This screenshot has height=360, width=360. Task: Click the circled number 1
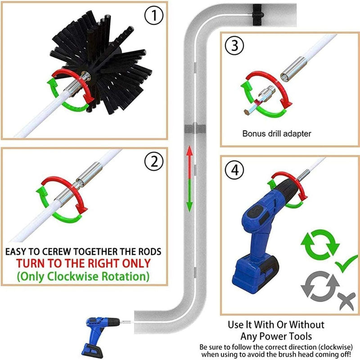(x=154, y=15)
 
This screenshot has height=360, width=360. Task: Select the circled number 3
(x=234, y=45)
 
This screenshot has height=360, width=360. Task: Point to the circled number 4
(x=234, y=170)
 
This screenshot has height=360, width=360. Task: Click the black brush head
(x=101, y=62)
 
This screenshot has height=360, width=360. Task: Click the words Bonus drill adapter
(x=277, y=134)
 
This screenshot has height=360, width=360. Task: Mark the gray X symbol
(x=346, y=300)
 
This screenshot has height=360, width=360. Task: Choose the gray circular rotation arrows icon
(x=320, y=286)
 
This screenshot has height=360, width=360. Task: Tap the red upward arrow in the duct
(x=189, y=162)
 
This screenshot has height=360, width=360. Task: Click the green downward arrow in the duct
(x=189, y=196)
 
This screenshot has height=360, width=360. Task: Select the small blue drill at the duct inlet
(x=101, y=335)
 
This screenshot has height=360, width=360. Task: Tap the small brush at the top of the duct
(x=258, y=15)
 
